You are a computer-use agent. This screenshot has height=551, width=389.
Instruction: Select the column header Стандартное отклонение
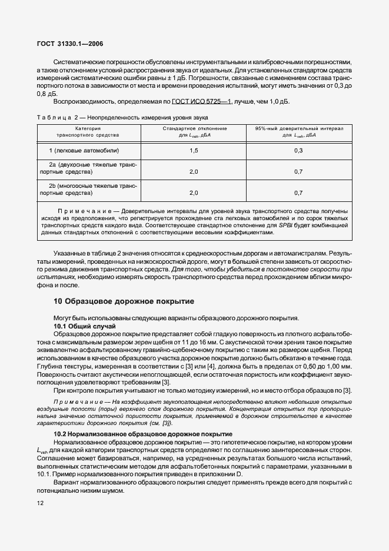point(194,128)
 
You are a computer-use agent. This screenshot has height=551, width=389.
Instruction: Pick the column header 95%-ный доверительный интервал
point(298,128)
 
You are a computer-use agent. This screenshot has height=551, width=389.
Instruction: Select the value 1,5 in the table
point(194,151)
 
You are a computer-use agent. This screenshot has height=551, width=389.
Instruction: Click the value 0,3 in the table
point(298,151)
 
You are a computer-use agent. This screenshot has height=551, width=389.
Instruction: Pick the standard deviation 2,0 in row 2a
point(194,171)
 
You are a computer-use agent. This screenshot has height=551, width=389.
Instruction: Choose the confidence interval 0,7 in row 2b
point(298,192)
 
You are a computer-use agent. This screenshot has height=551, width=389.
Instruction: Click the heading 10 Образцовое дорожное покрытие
point(124,301)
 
